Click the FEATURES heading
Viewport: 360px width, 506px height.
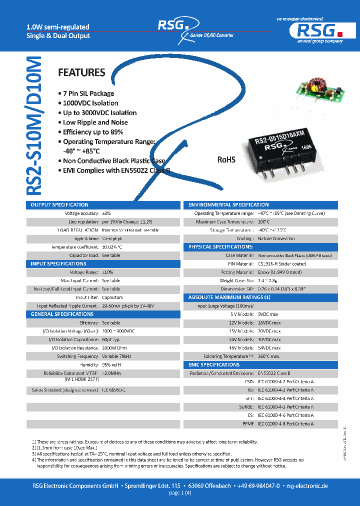tap(81, 73)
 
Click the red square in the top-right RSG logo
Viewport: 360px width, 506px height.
tap(339, 33)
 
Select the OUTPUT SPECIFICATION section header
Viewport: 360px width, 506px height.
tap(59, 205)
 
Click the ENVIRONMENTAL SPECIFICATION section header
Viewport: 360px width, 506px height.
tap(228, 205)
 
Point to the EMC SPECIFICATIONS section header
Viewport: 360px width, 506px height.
tap(214, 365)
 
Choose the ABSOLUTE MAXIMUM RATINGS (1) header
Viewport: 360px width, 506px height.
tap(229, 297)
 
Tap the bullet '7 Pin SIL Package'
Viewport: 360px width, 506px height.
tap(88, 93)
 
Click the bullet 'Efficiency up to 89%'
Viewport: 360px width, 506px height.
tap(92, 132)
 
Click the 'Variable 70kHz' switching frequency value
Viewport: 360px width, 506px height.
tap(116, 356)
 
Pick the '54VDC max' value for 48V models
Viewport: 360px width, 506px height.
tap(269, 348)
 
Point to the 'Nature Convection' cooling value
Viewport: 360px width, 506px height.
tap(276, 239)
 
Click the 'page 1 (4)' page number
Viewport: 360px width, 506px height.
tap(180, 493)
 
